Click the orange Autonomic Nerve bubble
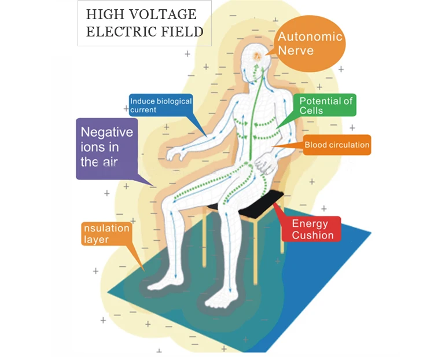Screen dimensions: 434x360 pos(310,45)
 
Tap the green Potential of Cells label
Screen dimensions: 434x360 pos(325,106)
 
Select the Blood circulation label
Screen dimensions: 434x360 pos(336,145)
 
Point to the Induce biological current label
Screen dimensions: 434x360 pos(160,105)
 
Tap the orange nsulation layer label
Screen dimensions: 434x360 pos(105,233)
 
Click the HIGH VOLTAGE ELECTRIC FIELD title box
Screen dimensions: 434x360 pos(144,24)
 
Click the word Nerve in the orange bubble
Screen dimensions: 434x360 pos(296,51)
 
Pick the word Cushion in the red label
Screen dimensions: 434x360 pos(312,235)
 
